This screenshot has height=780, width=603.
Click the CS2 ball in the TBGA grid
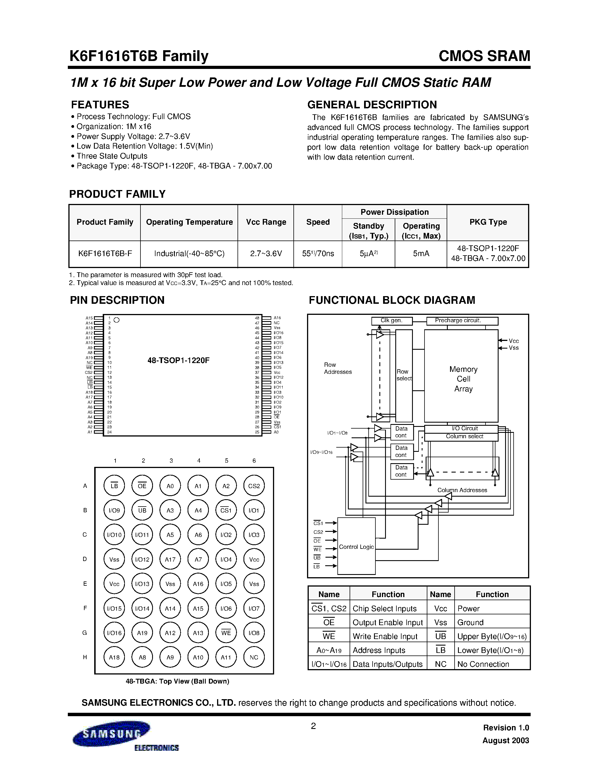point(254,486)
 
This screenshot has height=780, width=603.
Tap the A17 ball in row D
point(170,560)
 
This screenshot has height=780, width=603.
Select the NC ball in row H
point(254,657)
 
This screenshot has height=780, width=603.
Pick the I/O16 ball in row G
point(114,633)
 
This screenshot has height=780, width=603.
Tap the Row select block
point(404,375)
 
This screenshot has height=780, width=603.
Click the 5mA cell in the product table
point(421,254)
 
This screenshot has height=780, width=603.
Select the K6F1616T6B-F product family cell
point(105,254)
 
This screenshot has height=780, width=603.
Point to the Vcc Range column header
point(266,222)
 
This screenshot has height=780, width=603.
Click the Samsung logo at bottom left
point(112,733)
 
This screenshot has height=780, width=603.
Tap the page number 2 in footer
point(313,726)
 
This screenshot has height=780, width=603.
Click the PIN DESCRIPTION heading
point(117,300)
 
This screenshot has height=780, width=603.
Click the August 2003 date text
point(505,740)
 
